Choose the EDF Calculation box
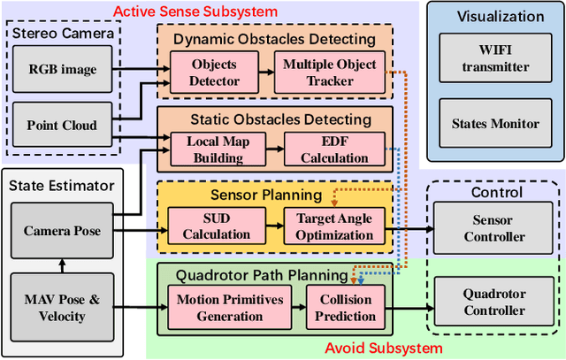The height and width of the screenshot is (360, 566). pyautogui.click(x=333, y=149)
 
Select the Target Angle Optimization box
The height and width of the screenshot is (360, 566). pyautogui.click(x=334, y=226)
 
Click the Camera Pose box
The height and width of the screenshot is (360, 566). pyautogui.click(x=63, y=231)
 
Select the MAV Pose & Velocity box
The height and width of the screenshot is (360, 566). pyautogui.click(x=63, y=307)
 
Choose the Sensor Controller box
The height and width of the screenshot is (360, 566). pyautogui.click(x=494, y=229)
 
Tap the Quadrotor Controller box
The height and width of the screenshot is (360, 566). pyautogui.click(x=494, y=303)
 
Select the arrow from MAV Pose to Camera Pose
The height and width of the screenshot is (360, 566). pyautogui.click(x=63, y=264)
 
